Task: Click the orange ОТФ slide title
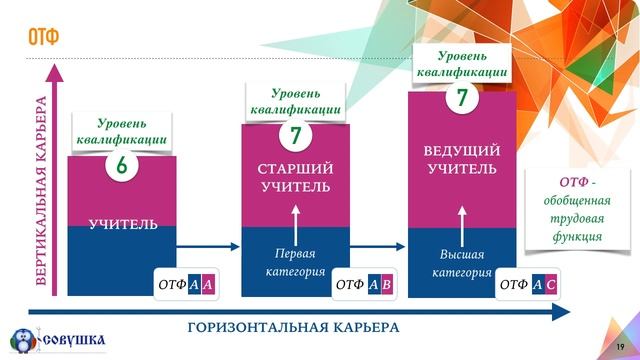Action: (x=43, y=38)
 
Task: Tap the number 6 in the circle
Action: (x=121, y=166)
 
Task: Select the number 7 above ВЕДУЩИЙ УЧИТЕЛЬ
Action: (x=462, y=98)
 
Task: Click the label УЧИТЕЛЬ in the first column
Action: (x=123, y=224)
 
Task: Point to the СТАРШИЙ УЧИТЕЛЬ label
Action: (x=295, y=177)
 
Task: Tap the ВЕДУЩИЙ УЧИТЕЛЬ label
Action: (x=461, y=159)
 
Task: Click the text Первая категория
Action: (x=296, y=261)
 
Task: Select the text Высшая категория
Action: (x=462, y=263)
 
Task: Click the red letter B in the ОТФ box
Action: (x=386, y=285)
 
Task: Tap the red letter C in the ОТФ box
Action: (x=551, y=285)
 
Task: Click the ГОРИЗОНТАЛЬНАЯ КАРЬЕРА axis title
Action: (x=293, y=328)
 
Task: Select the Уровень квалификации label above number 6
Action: (x=121, y=132)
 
